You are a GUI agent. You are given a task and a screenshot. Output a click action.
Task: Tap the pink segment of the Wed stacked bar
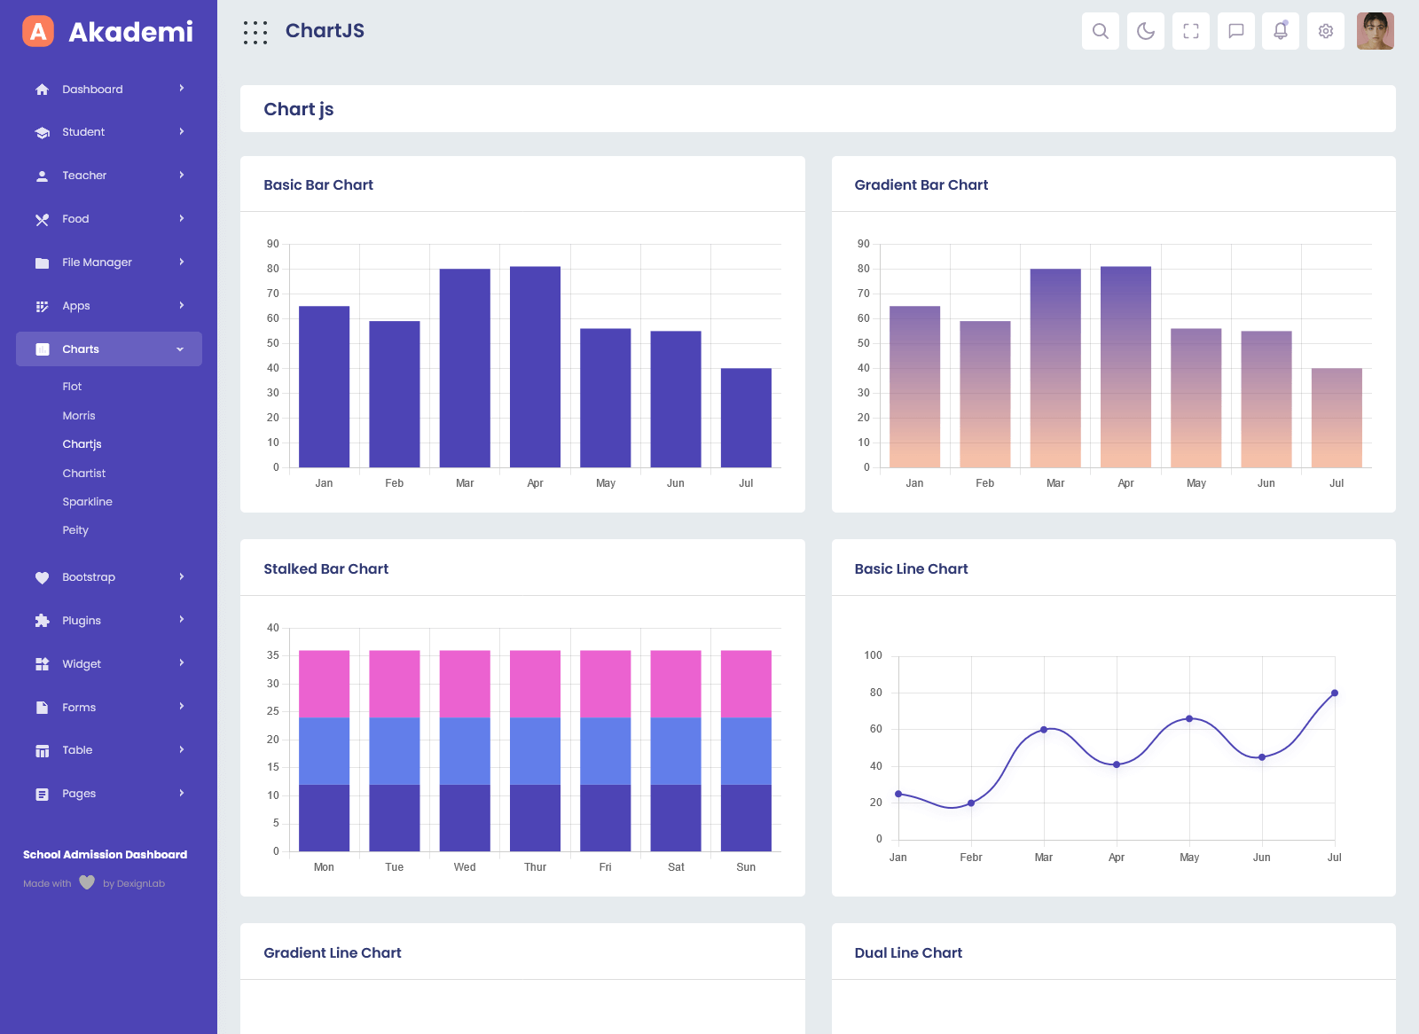click(x=465, y=684)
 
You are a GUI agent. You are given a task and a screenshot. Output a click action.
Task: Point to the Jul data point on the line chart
click(x=1335, y=693)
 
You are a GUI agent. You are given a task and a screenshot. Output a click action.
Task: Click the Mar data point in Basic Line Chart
click(x=1044, y=730)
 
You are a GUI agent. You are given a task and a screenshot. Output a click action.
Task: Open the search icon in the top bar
click(x=1101, y=31)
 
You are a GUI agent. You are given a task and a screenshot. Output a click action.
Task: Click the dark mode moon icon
click(x=1146, y=31)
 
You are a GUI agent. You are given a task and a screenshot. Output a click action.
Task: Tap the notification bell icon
click(x=1281, y=31)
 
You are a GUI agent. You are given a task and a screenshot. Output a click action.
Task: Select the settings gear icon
click(x=1326, y=31)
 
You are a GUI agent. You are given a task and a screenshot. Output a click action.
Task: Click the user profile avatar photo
click(x=1376, y=31)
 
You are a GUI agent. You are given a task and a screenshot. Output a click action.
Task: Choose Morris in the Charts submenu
click(x=79, y=416)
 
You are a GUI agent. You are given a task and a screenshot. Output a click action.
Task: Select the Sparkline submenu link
click(x=87, y=502)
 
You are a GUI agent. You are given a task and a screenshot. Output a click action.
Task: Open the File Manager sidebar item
click(x=97, y=262)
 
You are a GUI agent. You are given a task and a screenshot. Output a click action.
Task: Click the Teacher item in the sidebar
click(x=84, y=176)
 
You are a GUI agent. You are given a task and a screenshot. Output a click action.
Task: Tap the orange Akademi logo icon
click(x=38, y=31)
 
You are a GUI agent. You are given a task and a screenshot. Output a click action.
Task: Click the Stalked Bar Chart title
click(x=325, y=569)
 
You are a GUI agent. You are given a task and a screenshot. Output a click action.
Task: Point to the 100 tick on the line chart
click(x=873, y=655)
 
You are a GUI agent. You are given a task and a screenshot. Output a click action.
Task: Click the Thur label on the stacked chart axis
click(x=535, y=867)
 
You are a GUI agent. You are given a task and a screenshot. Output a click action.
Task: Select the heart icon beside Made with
click(x=87, y=882)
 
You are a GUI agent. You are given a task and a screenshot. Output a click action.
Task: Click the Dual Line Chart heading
click(x=908, y=953)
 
